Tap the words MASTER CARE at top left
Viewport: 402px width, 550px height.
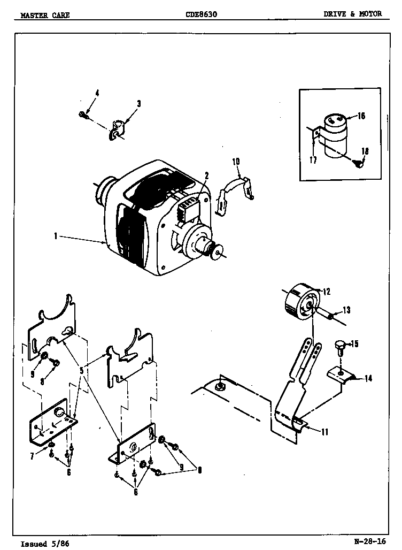pos(45,15)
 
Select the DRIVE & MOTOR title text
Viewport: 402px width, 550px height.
pos(352,14)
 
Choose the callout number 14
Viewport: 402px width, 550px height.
pos(368,378)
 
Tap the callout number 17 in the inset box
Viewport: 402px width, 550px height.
pos(313,159)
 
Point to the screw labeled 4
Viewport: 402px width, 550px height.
pos(83,114)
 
